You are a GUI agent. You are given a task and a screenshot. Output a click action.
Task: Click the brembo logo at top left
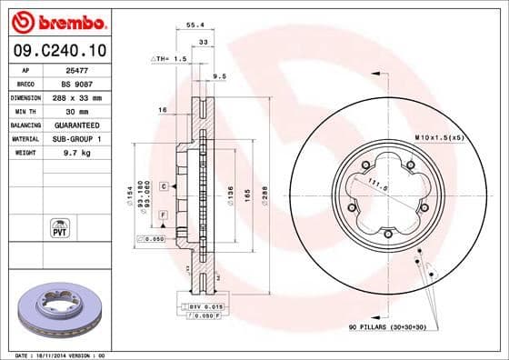pyautogui.click(x=56, y=21)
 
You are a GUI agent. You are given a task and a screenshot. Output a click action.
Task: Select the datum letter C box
pyautogui.click(x=164, y=185)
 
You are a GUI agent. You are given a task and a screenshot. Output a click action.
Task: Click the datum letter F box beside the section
pyautogui.click(x=163, y=214)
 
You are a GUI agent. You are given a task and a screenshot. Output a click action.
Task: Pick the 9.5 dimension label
pyautogui.click(x=219, y=76)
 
